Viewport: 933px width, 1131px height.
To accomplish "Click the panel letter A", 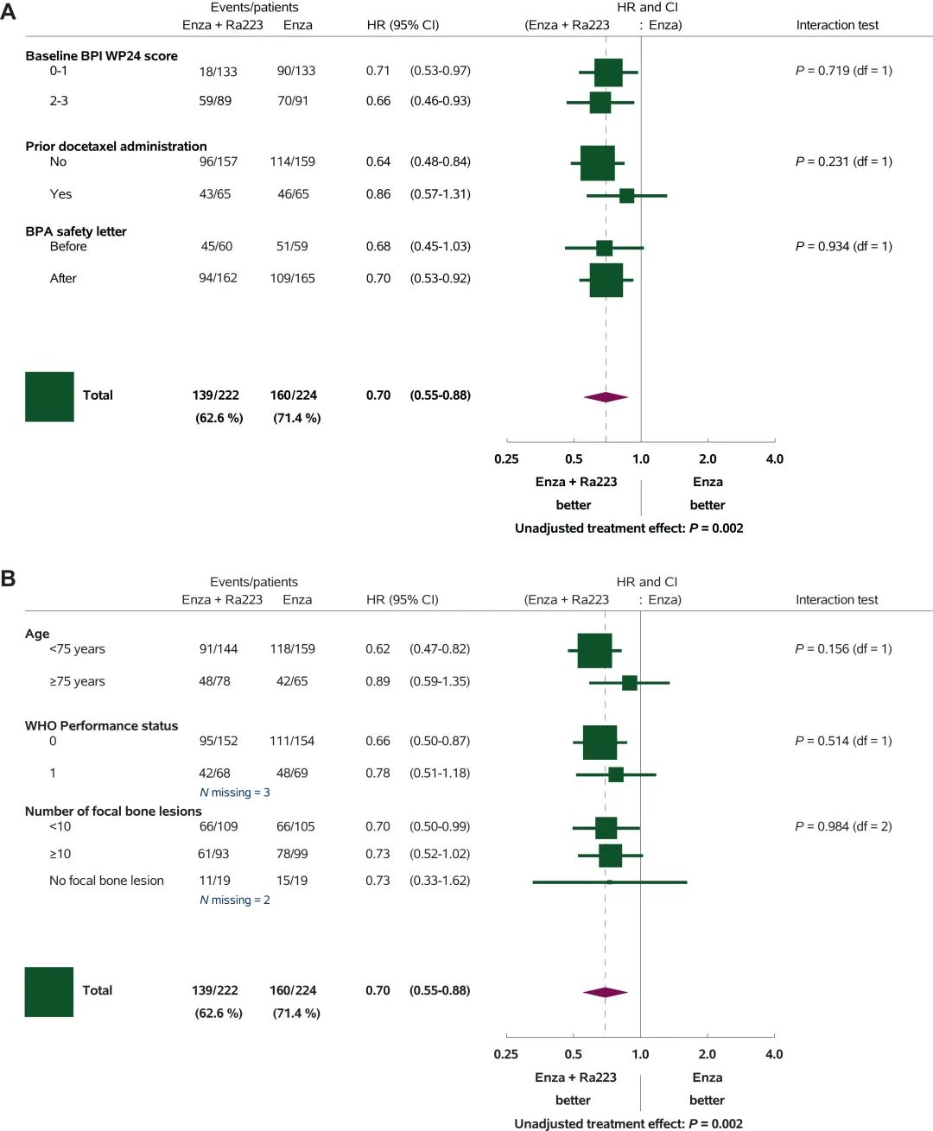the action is pos(8,11).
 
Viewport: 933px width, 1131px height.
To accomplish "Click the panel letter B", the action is pos(8,578).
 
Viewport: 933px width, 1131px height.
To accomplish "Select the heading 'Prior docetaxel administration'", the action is pos(116,146).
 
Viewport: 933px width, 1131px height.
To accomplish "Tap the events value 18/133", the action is pos(218,72).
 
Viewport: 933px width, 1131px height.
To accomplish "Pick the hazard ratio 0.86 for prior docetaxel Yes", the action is pos(378,194).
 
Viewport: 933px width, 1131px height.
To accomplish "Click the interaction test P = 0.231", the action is pos(843,161).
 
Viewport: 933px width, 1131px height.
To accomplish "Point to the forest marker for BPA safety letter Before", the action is pos(604,248).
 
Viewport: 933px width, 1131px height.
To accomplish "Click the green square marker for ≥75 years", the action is pos(630,683).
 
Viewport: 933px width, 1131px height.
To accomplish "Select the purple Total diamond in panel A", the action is pos(606,397).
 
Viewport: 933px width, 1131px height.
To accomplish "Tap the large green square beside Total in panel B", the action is pos(48,992).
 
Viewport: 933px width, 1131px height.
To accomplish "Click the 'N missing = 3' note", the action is pos(235,793).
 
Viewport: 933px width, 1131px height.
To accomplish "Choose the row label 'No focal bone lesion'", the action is pos(106,881).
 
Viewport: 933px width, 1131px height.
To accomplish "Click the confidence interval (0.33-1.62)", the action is pos(440,881).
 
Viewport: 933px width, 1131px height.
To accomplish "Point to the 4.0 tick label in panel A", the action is pos(775,458).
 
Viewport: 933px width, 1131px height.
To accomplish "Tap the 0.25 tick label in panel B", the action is pos(505,1054).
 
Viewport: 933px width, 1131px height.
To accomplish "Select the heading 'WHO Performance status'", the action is pos(101,726).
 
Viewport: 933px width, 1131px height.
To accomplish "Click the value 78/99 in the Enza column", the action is pos(292,854).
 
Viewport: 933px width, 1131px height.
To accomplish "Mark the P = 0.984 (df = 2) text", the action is pos(843,826).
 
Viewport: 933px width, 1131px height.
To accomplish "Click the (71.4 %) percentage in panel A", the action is pos(297,418).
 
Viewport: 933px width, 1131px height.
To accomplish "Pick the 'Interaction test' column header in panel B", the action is pos(836,600).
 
